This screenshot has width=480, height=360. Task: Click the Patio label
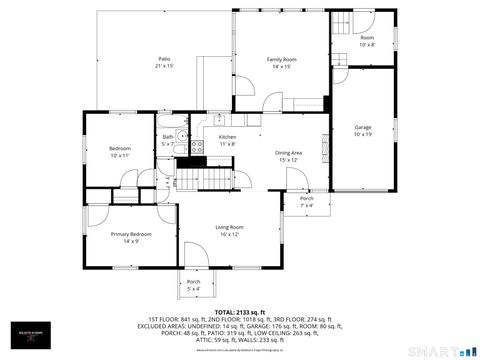click(x=164, y=59)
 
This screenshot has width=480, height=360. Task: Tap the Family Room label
click(x=281, y=59)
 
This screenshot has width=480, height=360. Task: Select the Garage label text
click(x=364, y=127)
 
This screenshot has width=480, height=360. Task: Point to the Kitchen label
click(x=227, y=136)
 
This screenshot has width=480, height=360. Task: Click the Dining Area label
click(x=289, y=152)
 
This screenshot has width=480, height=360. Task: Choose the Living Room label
click(x=228, y=227)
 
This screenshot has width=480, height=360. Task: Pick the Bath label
click(x=168, y=137)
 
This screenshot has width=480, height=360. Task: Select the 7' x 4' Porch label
click(x=307, y=202)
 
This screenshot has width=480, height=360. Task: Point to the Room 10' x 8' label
click(x=367, y=40)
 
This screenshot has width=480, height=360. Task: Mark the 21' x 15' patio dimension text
click(x=164, y=66)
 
